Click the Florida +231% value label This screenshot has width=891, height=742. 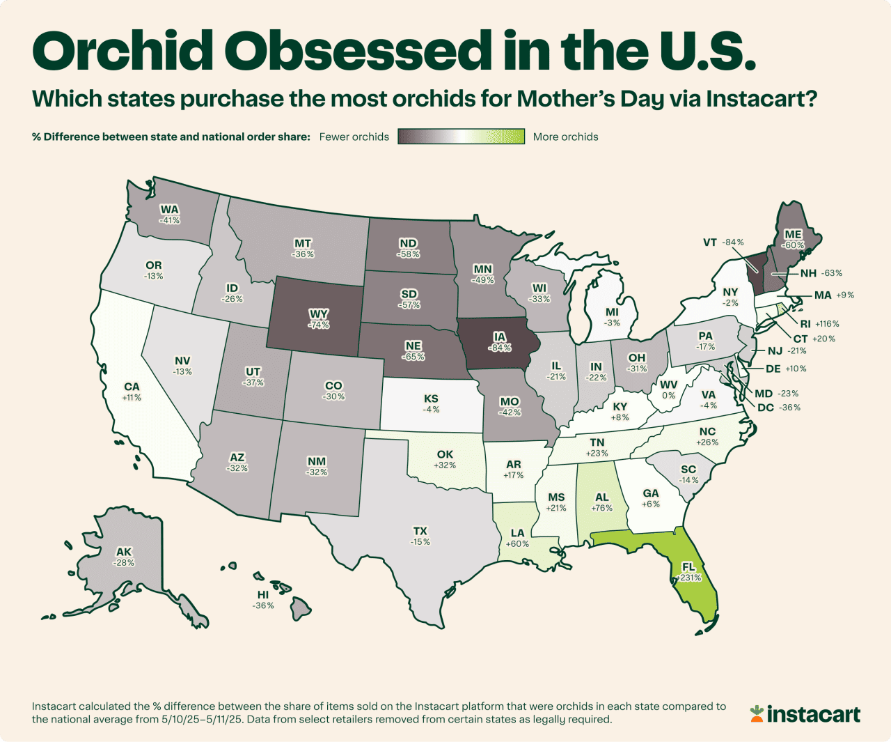[688, 578]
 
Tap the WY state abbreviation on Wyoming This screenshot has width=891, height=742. [320, 314]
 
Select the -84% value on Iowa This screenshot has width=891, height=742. [500, 348]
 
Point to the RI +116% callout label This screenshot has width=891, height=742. [819, 324]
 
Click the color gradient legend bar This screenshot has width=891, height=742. [461, 137]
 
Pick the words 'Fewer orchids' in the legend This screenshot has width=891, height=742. [354, 137]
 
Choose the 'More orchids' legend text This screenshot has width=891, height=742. [565, 137]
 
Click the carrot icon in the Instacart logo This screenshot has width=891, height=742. [757, 713]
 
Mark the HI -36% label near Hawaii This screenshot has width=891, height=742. [263, 601]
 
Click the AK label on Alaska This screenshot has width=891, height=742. [124, 552]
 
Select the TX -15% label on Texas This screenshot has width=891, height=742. [420, 536]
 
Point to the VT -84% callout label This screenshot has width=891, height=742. [723, 242]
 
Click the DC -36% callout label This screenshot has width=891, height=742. [778, 408]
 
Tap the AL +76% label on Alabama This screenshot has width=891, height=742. [602, 502]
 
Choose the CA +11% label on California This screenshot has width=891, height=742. [132, 392]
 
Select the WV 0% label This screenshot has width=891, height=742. [668, 389]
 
